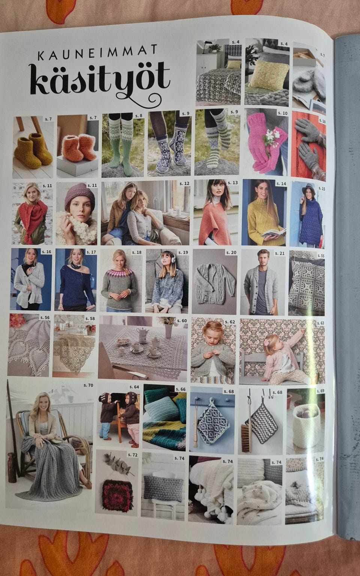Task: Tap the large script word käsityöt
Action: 100,83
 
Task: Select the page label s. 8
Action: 139,116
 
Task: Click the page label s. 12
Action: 184,183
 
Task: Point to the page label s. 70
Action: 88,385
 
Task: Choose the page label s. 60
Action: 182,321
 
